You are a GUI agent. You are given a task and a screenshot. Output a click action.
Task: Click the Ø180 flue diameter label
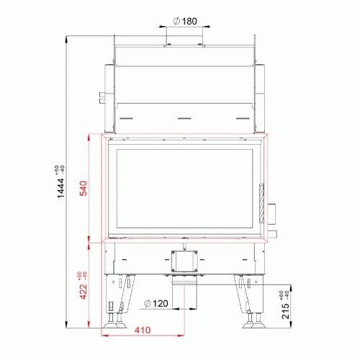[185, 21]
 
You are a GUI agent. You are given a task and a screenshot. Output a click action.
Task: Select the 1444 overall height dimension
[60, 188]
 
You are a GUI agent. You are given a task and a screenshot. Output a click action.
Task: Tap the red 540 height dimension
[84, 189]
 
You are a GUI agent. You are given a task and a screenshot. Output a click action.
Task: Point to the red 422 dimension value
[84, 292]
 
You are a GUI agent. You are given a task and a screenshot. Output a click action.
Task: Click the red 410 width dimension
[143, 330]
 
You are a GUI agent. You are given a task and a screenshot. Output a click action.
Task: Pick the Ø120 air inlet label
[156, 304]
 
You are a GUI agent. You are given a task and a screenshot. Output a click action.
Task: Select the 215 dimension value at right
[285, 311]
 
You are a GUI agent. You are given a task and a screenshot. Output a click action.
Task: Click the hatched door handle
[261, 204]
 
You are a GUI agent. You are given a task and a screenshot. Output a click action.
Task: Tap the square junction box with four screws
[184, 261]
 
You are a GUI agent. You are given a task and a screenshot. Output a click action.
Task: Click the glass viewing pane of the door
[184, 189]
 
